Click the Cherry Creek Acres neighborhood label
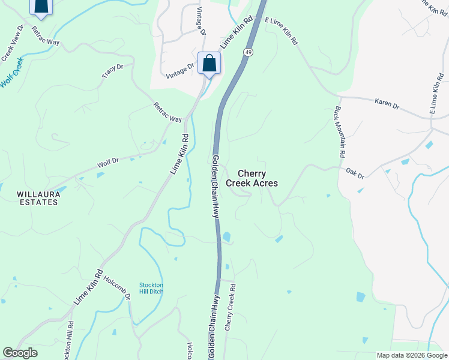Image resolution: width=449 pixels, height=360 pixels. point(252,178)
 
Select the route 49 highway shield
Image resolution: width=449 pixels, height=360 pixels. point(247,53)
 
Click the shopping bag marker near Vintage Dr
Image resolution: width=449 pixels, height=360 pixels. point(209,63)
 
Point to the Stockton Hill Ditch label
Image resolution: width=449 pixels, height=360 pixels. point(151,288)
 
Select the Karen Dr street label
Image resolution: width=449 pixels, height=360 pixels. point(387,104)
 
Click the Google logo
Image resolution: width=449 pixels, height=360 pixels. point(20,353)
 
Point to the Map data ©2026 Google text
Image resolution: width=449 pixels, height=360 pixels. point(411,355)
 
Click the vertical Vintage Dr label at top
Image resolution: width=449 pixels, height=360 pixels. point(200,22)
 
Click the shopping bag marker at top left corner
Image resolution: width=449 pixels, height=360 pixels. point(41,6)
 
